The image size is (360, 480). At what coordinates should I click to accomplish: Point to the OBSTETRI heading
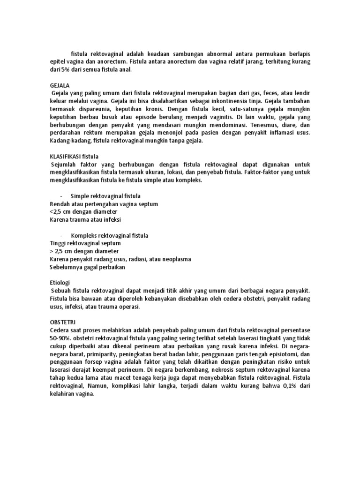63,322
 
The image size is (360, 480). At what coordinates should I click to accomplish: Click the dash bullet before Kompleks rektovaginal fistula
62,236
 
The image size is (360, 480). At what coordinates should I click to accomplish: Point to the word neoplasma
175,259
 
